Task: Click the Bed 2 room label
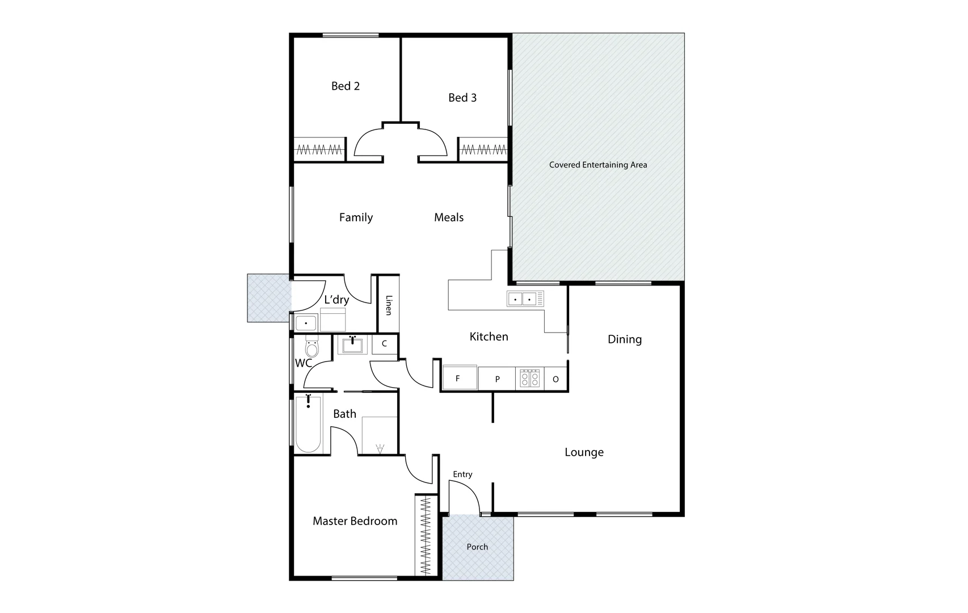[x=346, y=86]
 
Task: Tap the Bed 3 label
[x=462, y=98]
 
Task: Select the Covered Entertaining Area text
[x=598, y=165]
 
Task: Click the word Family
[x=356, y=217]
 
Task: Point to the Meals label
[x=449, y=217]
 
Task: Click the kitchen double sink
[x=522, y=299]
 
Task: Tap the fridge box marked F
[x=459, y=378]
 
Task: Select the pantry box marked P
[x=497, y=379]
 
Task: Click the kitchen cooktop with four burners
[x=530, y=379]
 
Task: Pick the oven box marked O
[x=555, y=379]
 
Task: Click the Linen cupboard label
[x=389, y=305]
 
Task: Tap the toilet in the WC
[x=312, y=346]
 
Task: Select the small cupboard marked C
[x=384, y=344]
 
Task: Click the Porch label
[x=477, y=547]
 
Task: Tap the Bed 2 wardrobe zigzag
[x=320, y=150]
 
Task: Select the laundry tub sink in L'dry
[x=306, y=323]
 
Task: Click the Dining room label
[x=625, y=339]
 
